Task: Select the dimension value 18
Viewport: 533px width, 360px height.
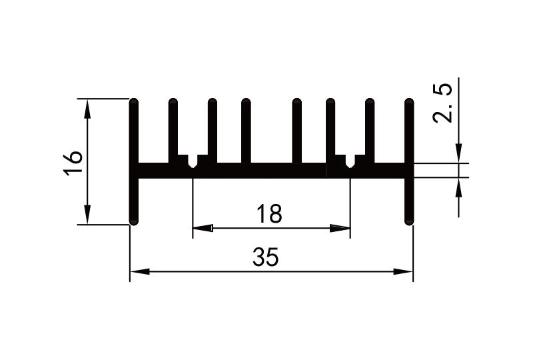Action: coord(270,214)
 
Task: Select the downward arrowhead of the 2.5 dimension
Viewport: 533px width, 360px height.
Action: coord(459,155)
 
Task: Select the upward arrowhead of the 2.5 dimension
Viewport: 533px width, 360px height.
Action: coord(459,186)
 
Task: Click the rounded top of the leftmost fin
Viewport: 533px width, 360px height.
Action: coord(134,102)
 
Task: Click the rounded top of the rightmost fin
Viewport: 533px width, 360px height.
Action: coord(408,102)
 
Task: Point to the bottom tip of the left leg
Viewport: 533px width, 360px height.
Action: coord(134,222)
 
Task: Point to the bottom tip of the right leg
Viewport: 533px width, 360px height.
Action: coord(408,222)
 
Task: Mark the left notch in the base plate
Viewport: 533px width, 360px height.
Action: coord(193,162)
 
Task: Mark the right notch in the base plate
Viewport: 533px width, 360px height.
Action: coord(350,162)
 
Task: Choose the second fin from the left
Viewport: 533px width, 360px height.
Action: coord(173,130)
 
